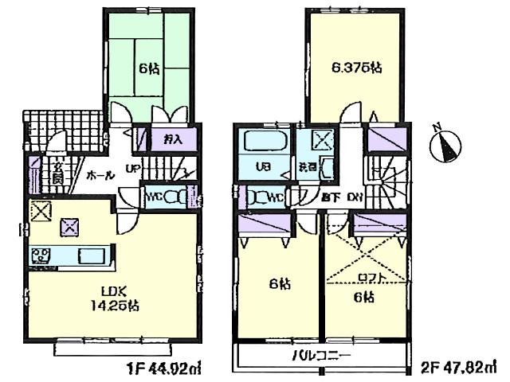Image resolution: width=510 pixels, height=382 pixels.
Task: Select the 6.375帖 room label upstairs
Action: click(x=357, y=68)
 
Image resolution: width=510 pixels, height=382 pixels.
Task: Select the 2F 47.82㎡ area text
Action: click(x=461, y=369)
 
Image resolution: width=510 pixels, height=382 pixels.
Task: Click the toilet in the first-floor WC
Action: click(x=175, y=196)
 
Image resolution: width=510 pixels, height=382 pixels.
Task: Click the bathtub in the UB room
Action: click(x=264, y=144)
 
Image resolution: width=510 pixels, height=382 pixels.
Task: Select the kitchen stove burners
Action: click(x=41, y=255)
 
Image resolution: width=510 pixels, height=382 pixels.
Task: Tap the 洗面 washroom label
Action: click(x=308, y=168)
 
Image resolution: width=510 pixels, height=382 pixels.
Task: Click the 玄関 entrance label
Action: click(x=57, y=172)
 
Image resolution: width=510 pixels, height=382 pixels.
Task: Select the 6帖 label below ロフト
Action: click(x=363, y=298)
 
